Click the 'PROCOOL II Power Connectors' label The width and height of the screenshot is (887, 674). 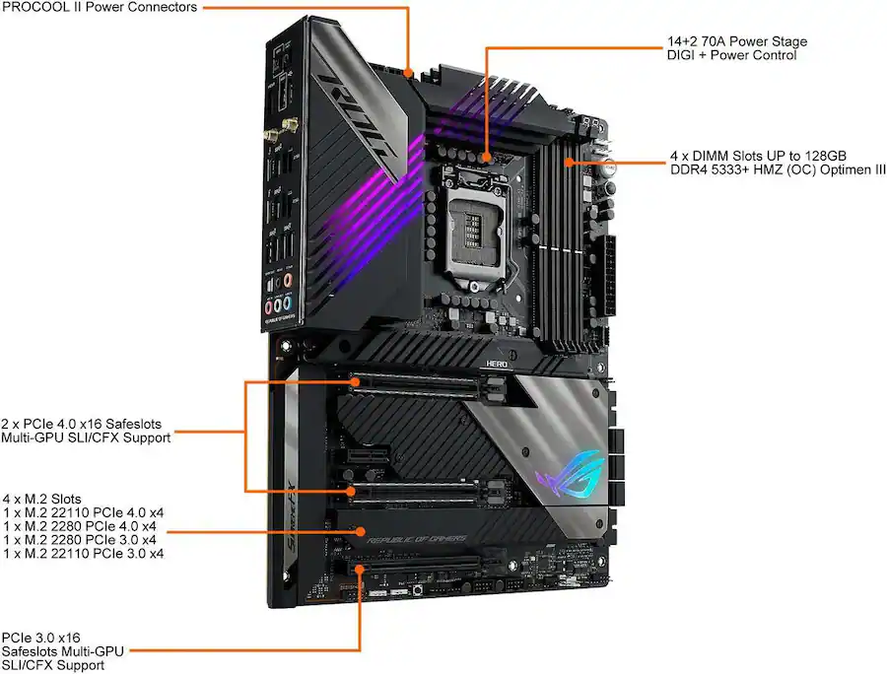pos(100,8)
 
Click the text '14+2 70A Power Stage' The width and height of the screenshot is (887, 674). pos(736,42)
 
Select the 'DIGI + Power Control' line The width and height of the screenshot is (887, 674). pos(731,56)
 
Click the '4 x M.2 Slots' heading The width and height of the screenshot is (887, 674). pos(42,499)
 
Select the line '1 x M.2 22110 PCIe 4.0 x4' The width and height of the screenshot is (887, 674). pos(84,512)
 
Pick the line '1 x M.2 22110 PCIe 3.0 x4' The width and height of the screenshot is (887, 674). pos(84,554)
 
